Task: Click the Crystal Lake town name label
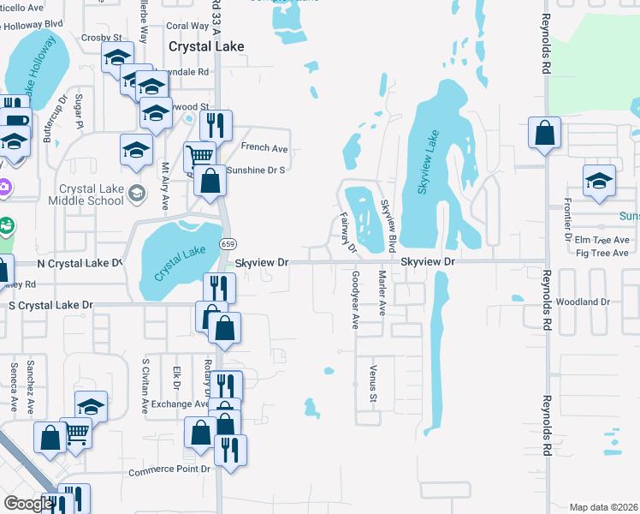[x=206, y=47]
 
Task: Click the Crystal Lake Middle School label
[x=92, y=194]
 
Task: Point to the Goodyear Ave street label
[x=355, y=300]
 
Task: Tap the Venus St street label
[x=373, y=383]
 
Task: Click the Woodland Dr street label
[x=582, y=302]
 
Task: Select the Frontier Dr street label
[x=566, y=216]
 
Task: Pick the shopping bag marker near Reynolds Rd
[x=544, y=134]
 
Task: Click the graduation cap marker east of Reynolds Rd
[x=599, y=181]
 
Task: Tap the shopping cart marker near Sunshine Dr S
[x=199, y=156]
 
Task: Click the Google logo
[x=28, y=504]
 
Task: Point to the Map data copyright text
[x=604, y=507]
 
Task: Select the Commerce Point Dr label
[x=169, y=470]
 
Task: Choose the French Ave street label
[x=264, y=148]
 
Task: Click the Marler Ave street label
[x=382, y=294]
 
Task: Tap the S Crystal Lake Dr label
[x=50, y=305]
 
